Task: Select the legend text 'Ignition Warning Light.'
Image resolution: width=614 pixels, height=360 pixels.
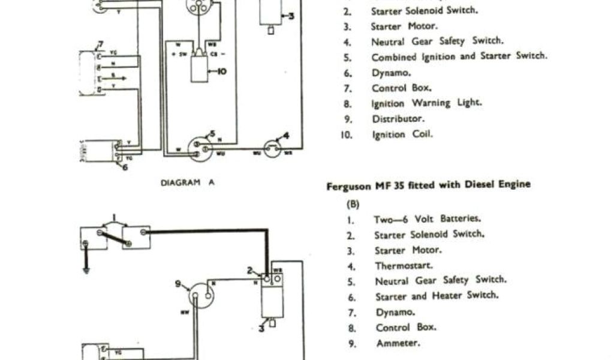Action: [426, 103]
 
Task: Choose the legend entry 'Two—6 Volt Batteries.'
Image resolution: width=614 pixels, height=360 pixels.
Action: [428, 219]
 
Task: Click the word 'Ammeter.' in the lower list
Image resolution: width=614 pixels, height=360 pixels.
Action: [398, 343]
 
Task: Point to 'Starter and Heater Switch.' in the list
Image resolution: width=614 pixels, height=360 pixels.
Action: [437, 296]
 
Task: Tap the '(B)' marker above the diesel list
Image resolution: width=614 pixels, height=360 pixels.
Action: [353, 204]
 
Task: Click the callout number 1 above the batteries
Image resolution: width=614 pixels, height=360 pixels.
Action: [115, 217]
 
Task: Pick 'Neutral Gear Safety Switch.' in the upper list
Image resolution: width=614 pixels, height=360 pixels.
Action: [437, 42]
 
